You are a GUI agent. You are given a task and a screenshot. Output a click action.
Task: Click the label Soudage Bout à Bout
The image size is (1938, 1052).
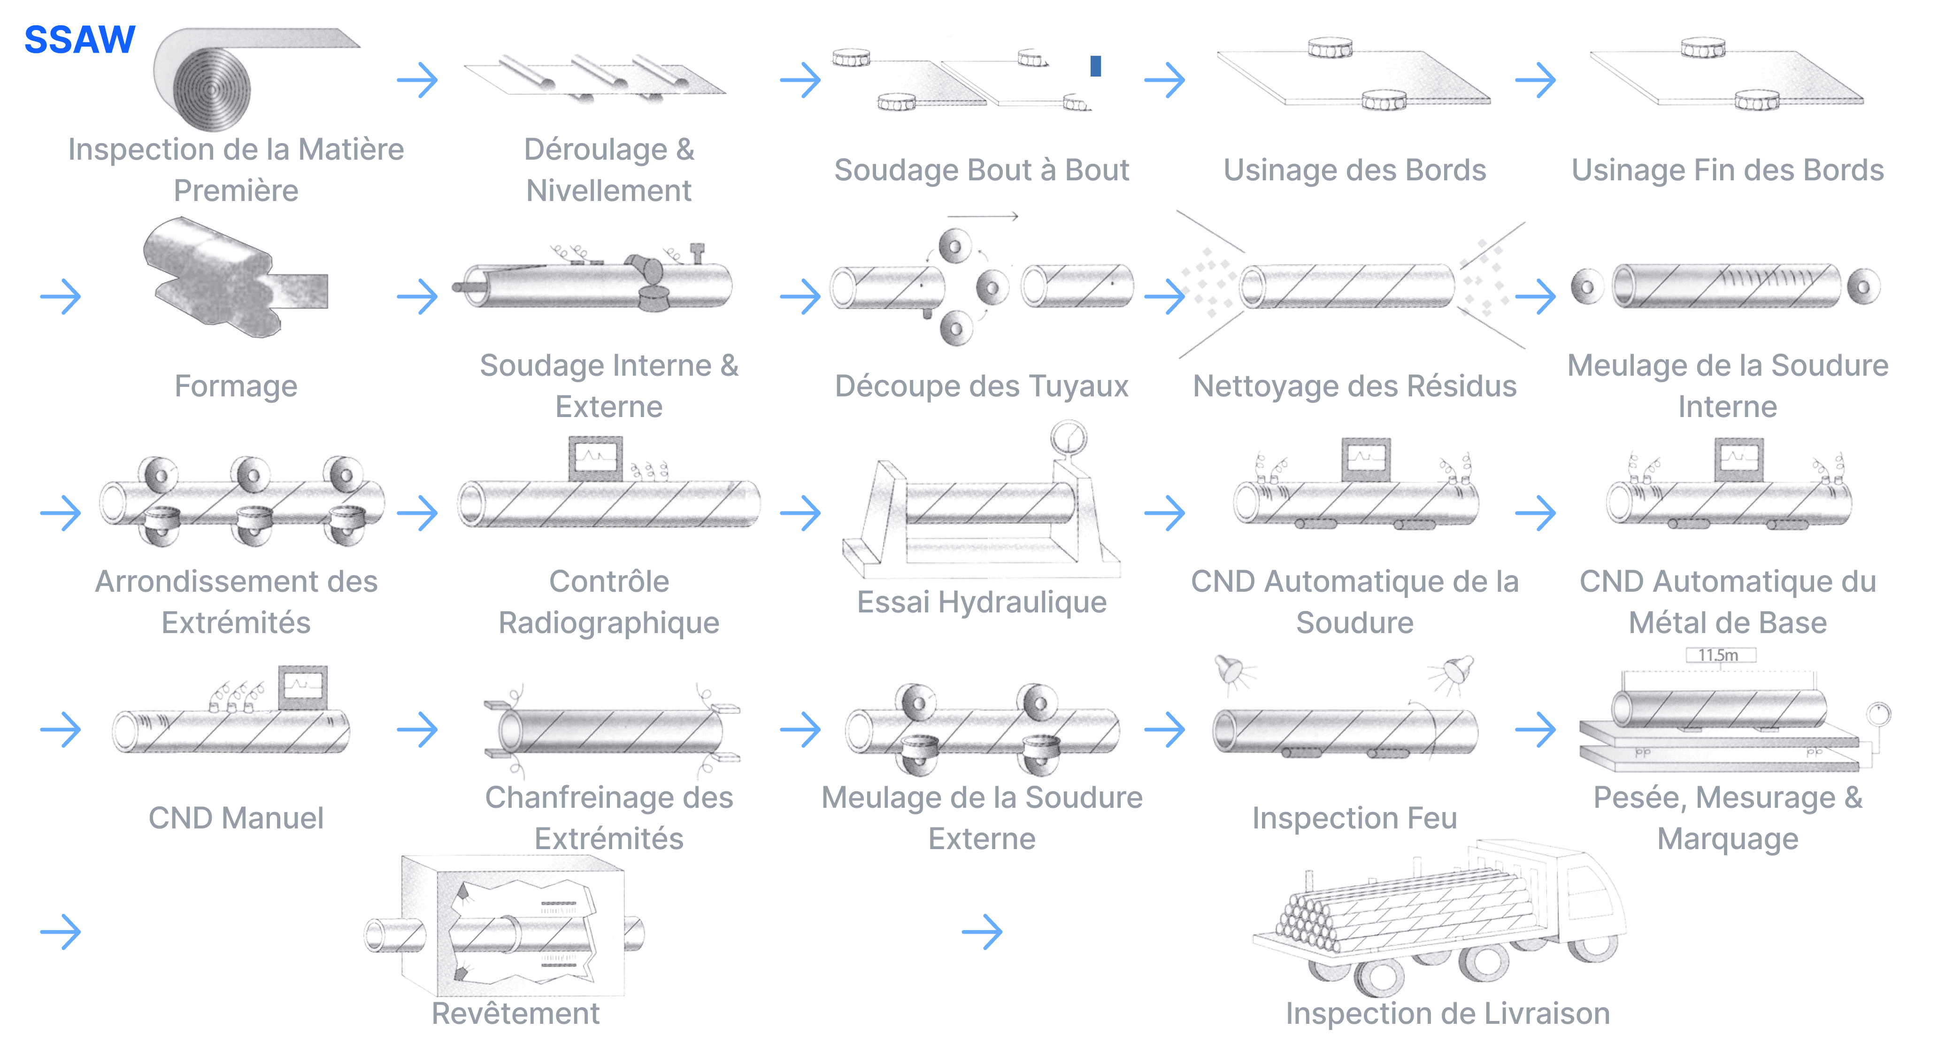[x=981, y=170]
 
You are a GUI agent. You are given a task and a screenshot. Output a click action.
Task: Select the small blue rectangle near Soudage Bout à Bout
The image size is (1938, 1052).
[x=1095, y=66]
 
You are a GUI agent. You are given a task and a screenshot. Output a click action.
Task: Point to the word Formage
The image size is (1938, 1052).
[x=236, y=386]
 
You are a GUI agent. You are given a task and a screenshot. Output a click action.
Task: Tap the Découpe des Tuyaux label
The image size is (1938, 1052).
[x=981, y=386]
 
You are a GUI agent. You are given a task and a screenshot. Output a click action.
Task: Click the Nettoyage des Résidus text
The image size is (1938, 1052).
[x=1354, y=386]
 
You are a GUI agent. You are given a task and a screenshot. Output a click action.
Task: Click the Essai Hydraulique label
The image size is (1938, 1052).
[x=981, y=602]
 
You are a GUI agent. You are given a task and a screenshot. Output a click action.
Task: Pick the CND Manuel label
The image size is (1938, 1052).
[x=236, y=818]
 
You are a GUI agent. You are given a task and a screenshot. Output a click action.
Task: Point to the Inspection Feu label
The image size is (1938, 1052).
[x=1354, y=818]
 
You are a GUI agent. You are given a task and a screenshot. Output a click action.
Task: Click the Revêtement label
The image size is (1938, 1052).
[x=515, y=1013]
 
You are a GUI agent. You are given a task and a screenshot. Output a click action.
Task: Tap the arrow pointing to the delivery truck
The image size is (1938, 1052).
[x=982, y=932]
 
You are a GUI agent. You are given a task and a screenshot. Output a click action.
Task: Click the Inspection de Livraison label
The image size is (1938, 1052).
[x=1447, y=1013]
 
